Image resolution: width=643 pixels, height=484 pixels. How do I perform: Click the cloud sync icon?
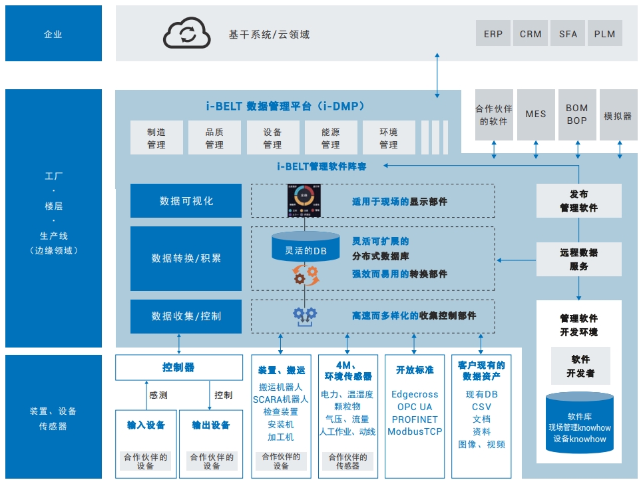[187, 33]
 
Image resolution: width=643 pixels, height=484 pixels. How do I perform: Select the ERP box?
[493, 34]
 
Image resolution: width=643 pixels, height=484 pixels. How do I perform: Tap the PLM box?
[604, 34]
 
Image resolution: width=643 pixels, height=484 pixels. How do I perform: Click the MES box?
[535, 114]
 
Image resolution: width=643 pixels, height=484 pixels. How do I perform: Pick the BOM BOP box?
[577, 114]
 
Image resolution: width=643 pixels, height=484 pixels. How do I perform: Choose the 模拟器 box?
[618, 115]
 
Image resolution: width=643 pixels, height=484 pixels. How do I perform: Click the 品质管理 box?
[214, 138]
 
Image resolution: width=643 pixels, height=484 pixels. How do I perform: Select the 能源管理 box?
[331, 138]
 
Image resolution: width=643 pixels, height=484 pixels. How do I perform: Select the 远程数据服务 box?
[578, 259]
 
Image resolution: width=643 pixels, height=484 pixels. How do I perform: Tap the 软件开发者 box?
[580, 366]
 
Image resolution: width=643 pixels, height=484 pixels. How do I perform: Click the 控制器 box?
[178, 367]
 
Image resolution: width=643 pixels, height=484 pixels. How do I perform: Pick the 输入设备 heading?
[146, 425]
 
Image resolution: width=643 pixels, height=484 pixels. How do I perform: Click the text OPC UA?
[415, 407]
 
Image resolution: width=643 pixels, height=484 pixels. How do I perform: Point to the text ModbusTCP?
[415, 431]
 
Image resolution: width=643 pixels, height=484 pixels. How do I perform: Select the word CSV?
[481, 407]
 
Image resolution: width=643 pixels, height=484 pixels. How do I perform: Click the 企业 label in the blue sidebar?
[53, 34]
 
